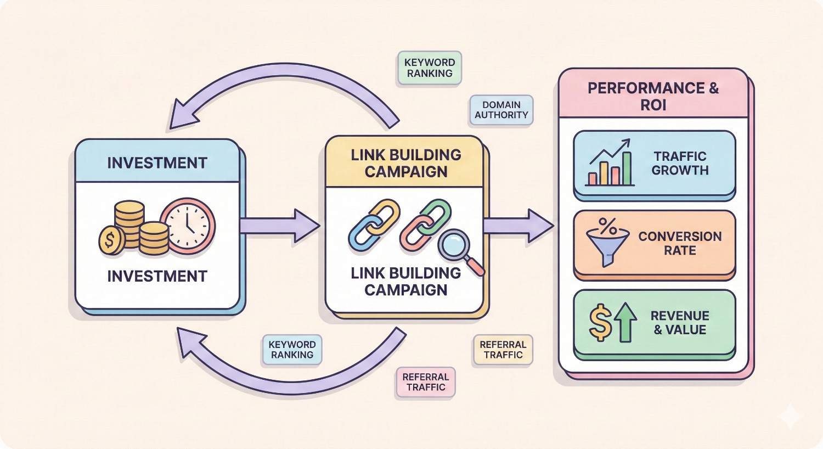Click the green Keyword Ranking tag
click(x=429, y=68)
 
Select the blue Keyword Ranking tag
click(x=292, y=350)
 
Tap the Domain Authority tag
click(x=501, y=110)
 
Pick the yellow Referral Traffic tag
click(x=503, y=350)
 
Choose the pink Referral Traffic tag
click(x=425, y=382)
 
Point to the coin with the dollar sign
click(x=112, y=240)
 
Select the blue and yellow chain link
click(x=368, y=222)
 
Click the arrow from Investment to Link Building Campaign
click(x=280, y=226)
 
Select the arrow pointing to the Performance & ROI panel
click(x=518, y=226)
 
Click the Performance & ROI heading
click(x=653, y=96)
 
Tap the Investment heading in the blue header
click(x=157, y=163)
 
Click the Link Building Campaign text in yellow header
click(x=405, y=163)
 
